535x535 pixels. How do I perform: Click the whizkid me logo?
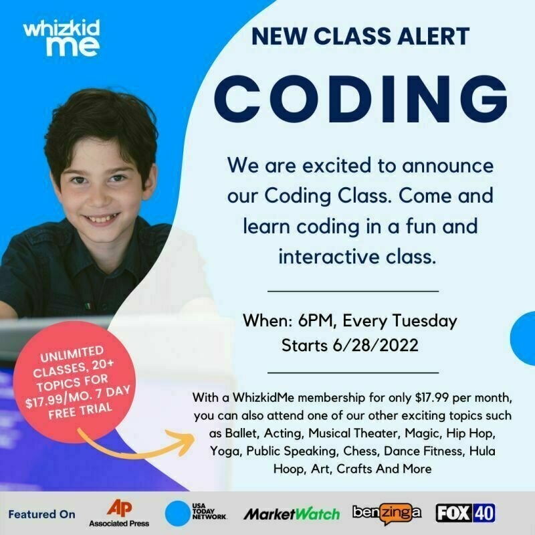(62, 38)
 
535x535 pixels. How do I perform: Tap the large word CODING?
(360, 99)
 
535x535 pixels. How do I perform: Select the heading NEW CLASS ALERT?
(360, 36)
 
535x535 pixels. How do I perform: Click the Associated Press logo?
(119, 513)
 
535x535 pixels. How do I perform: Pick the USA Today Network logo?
(196, 513)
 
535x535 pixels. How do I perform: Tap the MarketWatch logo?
(292, 514)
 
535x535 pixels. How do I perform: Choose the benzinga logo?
(387, 513)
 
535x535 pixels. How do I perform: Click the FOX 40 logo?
(465, 513)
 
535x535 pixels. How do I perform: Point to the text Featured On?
(41, 514)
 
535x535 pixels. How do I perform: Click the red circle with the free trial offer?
(74, 382)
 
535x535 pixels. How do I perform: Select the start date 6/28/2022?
(375, 345)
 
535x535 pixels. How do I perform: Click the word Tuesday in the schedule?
(425, 321)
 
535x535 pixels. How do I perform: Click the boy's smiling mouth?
(102, 219)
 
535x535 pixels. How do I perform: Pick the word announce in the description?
(447, 166)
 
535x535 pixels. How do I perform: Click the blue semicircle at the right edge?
(523, 338)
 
